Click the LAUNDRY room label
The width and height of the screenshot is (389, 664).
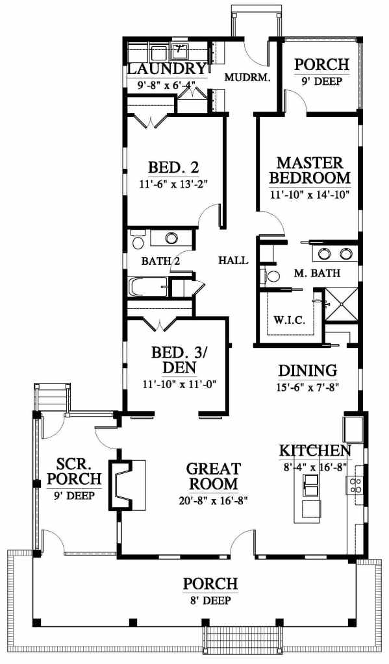point(167,69)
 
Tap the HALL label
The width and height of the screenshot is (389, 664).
point(232,261)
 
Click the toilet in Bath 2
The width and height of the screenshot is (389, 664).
point(136,242)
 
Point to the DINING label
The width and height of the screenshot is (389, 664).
point(307,371)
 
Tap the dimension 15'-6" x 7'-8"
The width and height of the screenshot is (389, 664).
point(307,387)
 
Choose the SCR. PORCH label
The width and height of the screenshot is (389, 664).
point(73,472)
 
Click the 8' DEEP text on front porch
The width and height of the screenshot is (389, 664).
point(210,600)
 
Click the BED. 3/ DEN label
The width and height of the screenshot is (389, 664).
point(179,360)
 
